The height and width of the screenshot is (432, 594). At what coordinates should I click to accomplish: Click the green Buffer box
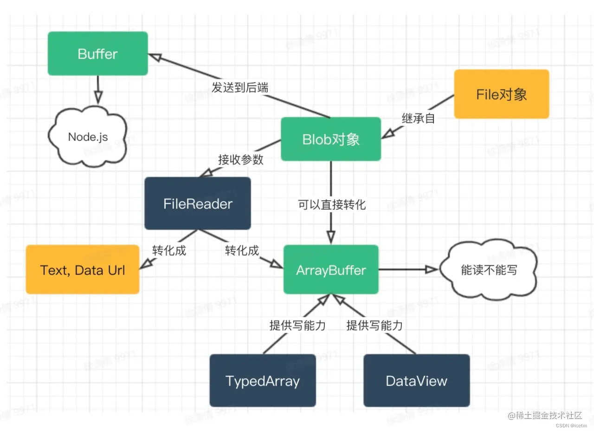[98, 53]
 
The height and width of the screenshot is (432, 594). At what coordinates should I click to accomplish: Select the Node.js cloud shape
[88, 137]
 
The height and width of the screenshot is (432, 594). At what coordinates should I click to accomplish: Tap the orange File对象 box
[501, 94]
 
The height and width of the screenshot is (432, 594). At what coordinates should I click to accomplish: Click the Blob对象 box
[331, 139]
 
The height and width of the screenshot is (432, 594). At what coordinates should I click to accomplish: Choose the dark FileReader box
[198, 203]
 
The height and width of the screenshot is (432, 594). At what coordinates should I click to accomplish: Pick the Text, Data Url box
[83, 270]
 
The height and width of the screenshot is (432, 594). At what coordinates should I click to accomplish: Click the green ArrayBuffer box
[331, 270]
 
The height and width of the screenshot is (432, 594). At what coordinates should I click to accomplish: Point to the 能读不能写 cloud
[489, 270]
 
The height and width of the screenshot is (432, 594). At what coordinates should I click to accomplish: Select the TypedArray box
[263, 381]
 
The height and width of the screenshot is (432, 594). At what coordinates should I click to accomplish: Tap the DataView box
[416, 381]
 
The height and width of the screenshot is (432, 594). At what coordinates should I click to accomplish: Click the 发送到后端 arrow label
[240, 87]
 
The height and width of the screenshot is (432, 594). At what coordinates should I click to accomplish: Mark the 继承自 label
[418, 118]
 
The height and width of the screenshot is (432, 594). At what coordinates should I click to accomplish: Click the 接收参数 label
[241, 159]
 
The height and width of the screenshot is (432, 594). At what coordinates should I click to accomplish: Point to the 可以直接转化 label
[332, 204]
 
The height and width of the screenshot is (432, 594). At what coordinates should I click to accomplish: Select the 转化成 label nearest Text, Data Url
[169, 250]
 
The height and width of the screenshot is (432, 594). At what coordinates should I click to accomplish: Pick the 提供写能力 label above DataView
[374, 326]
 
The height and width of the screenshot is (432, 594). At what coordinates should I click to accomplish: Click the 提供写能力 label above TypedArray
[297, 326]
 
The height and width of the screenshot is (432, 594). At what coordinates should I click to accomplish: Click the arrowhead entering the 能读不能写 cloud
[432, 270]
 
